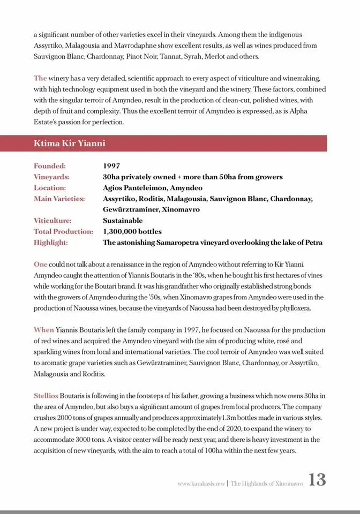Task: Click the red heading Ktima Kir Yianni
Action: coord(70,143)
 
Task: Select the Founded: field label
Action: coord(50,166)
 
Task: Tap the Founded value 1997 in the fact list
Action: coord(111,166)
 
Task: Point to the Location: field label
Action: coord(50,188)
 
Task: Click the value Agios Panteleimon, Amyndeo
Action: coord(153,188)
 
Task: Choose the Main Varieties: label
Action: coord(59,199)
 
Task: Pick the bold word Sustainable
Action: coord(123,221)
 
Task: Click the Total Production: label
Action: coord(63,231)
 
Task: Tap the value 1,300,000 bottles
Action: coord(132,231)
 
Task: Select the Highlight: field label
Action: coord(51,243)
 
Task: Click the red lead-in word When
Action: coord(44,330)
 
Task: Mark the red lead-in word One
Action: coord(41,264)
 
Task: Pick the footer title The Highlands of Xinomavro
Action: coord(267,483)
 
